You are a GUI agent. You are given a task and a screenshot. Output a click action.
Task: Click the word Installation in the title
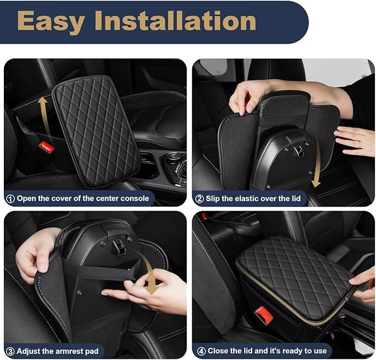tap(176, 21)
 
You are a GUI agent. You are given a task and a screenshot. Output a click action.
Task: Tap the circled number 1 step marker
tap(10, 198)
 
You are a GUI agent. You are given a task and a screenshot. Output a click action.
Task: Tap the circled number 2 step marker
tap(199, 198)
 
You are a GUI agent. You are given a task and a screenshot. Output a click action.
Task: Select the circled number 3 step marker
tap(10, 351)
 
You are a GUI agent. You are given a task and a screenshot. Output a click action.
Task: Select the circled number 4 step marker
tap(199, 351)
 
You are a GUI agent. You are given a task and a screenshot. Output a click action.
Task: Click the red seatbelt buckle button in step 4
tap(263, 315)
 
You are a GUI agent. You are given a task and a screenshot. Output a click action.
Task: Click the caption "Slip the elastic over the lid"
tap(255, 198)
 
